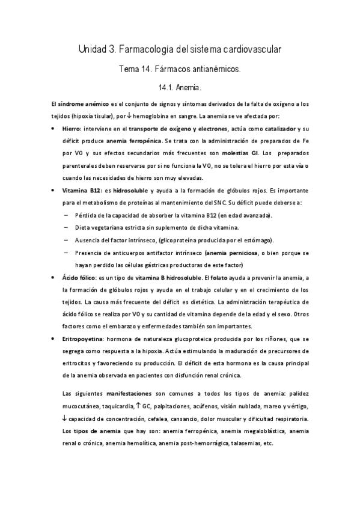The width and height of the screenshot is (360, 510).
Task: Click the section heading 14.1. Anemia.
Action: [180, 88]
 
